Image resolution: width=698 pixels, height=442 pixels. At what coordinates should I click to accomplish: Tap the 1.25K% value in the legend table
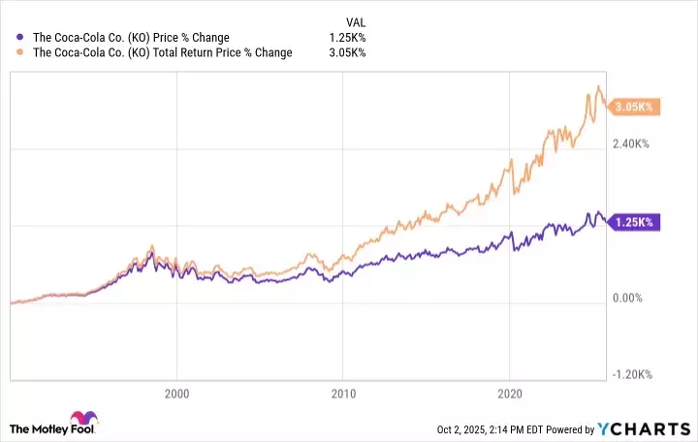[x=347, y=38]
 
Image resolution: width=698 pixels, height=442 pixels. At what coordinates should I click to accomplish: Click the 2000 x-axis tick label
[x=175, y=395]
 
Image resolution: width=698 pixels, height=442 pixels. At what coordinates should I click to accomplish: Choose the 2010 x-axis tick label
[x=342, y=395]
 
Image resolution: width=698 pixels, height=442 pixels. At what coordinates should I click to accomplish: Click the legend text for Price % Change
[x=132, y=38]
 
